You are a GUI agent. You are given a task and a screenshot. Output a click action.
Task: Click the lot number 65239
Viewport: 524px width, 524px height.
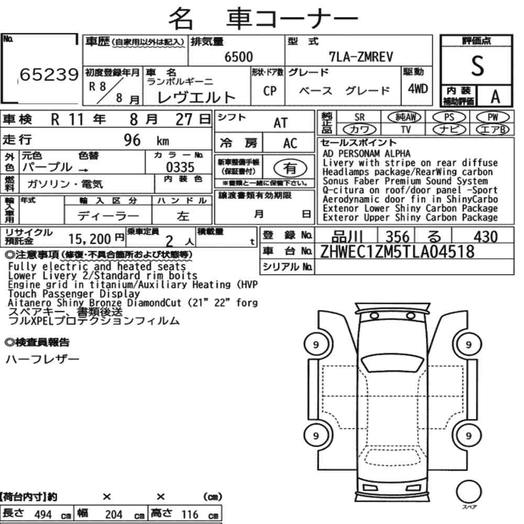pos(49,74)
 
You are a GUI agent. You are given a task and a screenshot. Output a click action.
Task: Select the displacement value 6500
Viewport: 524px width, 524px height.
pos(238,57)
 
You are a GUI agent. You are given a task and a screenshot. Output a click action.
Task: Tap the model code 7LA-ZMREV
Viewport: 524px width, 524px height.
pos(361,57)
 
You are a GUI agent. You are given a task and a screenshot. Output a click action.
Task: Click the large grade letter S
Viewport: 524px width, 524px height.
pos(477,66)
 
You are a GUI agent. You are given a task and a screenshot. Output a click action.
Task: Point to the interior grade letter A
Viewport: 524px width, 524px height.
pos(495,97)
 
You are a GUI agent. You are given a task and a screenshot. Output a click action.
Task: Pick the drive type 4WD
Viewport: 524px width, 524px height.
pos(418,89)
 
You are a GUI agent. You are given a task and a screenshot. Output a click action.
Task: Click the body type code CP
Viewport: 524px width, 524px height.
pos(270,91)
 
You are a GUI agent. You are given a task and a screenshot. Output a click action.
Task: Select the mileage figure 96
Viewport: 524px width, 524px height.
pos(132,140)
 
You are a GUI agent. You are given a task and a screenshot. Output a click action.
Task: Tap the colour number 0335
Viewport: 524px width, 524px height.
pos(180,167)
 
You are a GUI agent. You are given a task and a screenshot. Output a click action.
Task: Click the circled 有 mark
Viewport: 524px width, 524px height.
pos(290,168)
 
